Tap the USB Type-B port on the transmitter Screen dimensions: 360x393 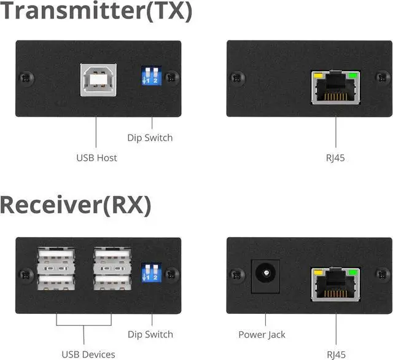pyautogui.click(x=96, y=80)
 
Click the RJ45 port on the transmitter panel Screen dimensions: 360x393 pyautogui.click(x=335, y=87)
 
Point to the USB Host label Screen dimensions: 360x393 pyautogui.click(x=96, y=158)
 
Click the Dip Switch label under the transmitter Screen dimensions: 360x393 pyautogui.click(x=150, y=138)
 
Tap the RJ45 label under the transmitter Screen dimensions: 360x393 pyautogui.click(x=335, y=158)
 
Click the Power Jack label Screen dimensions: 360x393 pyautogui.click(x=262, y=335)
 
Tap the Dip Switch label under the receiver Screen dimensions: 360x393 pyautogui.click(x=150, y=335)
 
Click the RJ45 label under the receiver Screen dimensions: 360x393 pyautogui.click(x=335, y=354)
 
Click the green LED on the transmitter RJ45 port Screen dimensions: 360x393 pyautogui.click(x=352, y=77)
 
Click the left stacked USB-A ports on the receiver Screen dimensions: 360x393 pyautogui.click(x=56, y=270)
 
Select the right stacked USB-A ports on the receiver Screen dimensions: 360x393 pyautogui.click(x=112, y=270)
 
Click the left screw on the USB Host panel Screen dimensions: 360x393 pyautogui.click(x=25, y=78)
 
